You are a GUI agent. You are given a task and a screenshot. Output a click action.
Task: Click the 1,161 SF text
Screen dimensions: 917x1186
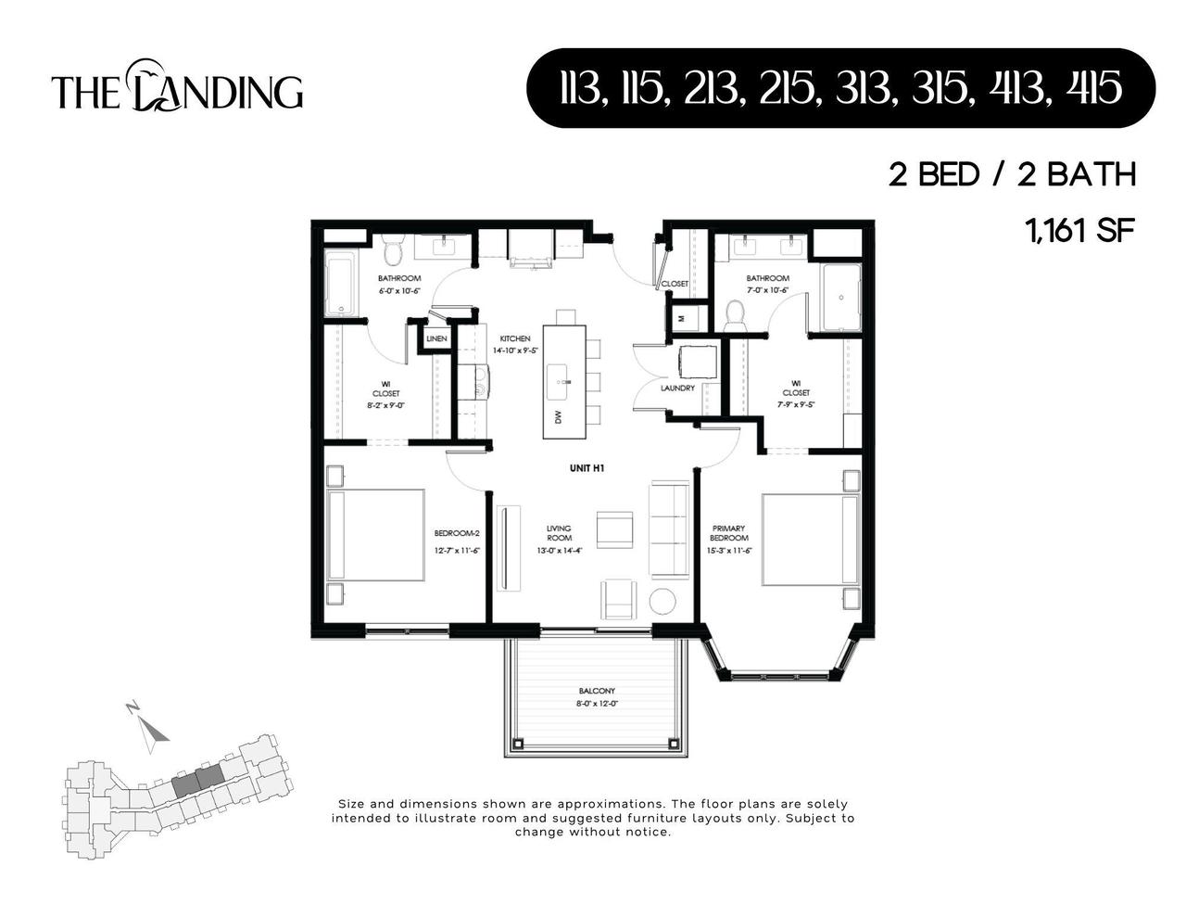tap(1079, 229)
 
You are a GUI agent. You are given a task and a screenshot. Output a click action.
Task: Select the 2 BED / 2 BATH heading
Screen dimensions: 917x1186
tap(1012, 174)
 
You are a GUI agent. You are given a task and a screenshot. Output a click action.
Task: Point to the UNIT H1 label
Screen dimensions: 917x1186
tap(587, 469)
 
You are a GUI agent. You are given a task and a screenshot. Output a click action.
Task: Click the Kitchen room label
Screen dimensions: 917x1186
tap(515, 338)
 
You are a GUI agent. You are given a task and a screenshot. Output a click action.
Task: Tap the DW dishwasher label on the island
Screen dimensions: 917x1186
tap(558, 418)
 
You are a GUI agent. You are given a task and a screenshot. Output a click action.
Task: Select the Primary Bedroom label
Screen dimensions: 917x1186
tap(729, 533)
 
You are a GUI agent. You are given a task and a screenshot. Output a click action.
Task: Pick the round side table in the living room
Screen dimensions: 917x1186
tap(663, 602)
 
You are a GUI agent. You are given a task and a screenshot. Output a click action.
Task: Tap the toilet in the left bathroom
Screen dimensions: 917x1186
tap(392, 250)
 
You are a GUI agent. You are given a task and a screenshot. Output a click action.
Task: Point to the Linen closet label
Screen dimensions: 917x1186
tap(436, 339)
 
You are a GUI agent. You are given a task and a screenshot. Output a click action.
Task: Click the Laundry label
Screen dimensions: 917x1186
tap(677, 388)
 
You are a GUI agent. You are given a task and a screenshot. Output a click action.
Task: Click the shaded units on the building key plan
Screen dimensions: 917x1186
tap(198, 779)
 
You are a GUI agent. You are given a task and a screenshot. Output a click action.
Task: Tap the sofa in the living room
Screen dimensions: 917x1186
tap(669, 529)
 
